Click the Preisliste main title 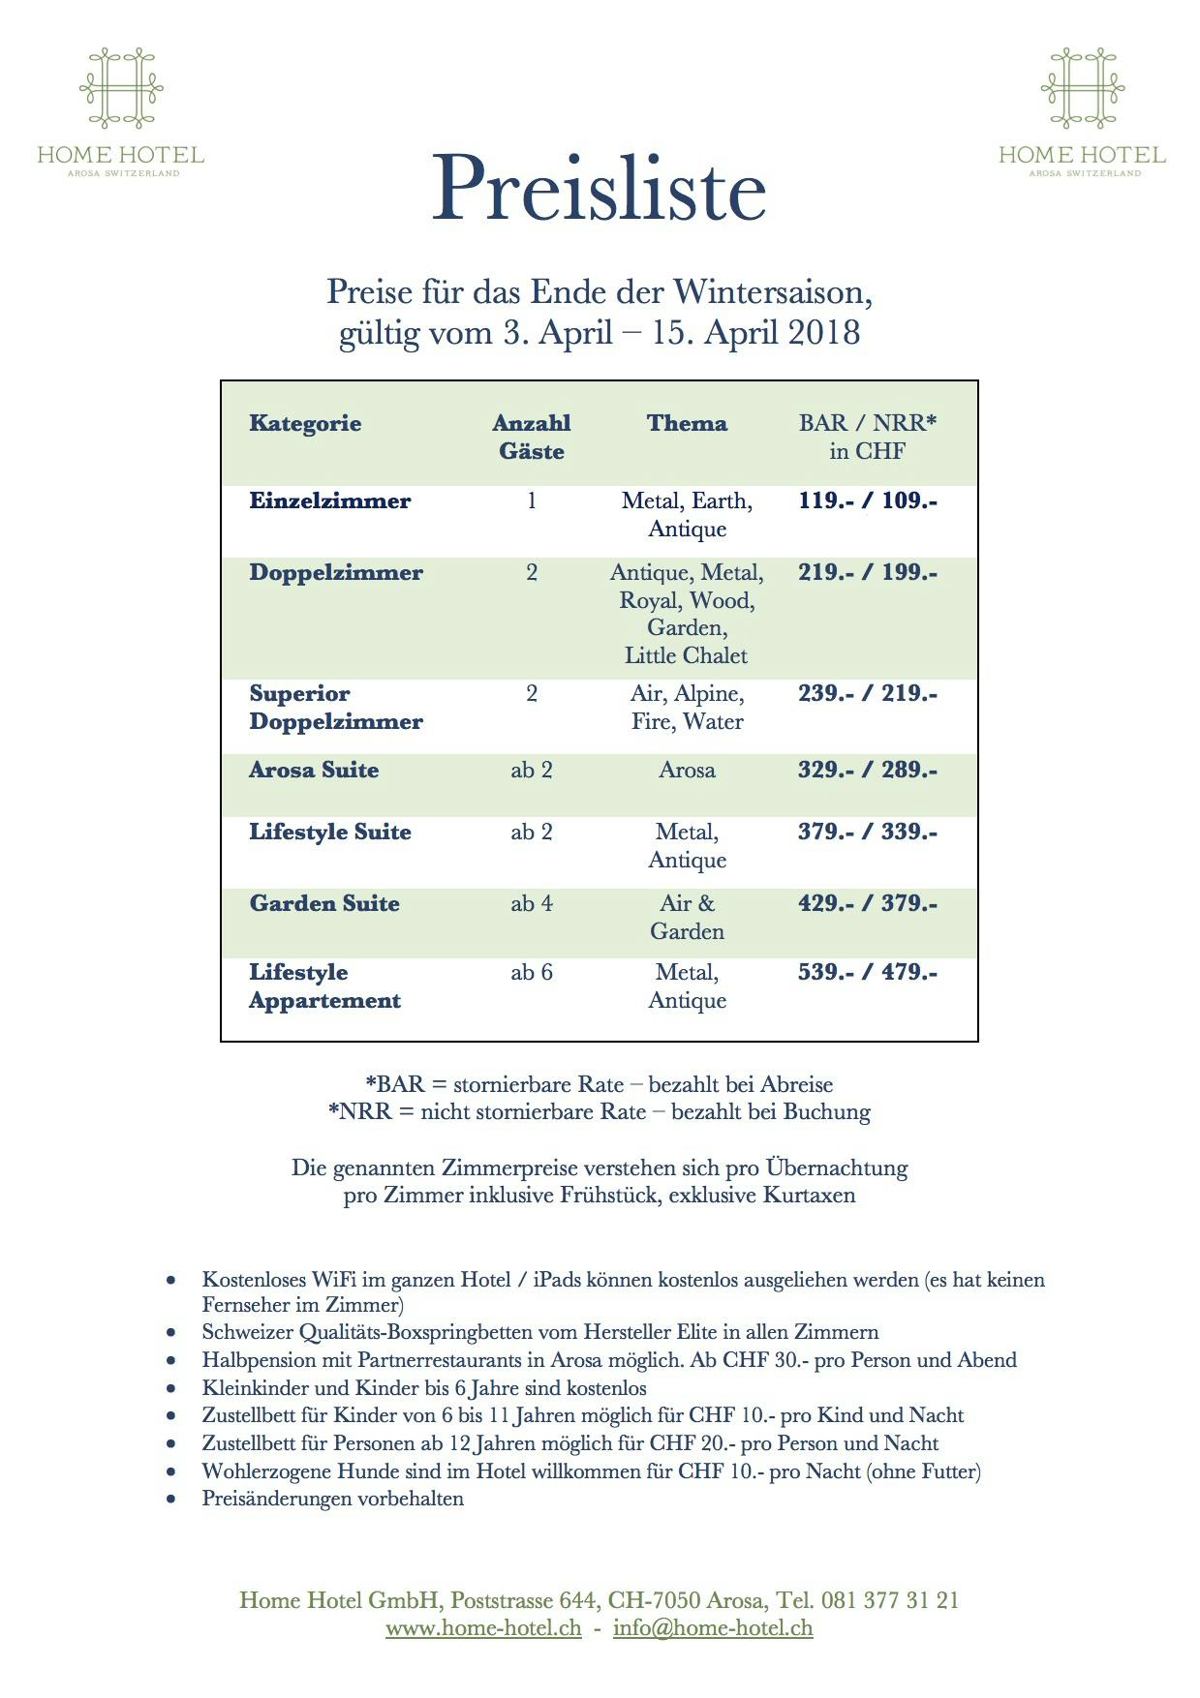(599, 189)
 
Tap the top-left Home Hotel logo (121, 112)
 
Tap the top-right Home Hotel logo (1082, 112)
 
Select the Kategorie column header (305, 423)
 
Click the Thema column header (687, 423)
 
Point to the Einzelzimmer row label (329, 500)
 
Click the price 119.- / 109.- (867, 500)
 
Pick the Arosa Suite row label (314, 770)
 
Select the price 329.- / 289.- (867, 770)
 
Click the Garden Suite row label (324, 903)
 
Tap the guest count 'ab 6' (532, 972)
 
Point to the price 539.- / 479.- (867, 972)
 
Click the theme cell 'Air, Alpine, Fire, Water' (687, 708)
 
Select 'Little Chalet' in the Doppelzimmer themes (686, 655)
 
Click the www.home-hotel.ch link (483, 1627)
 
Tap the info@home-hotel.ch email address (713, 1627)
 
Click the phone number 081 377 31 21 (890, 1599)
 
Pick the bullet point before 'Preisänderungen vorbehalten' (171, 1500)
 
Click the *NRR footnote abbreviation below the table (359, 1111)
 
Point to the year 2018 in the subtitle (823, 332)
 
